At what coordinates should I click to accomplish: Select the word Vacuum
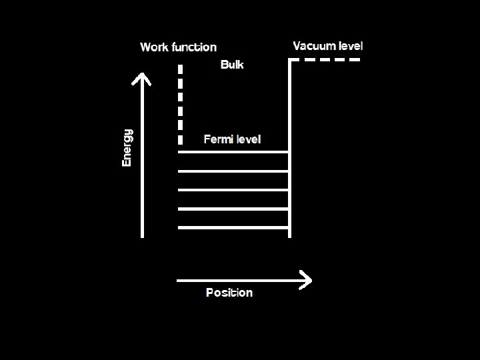pos(315,46)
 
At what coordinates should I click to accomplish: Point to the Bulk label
pos(232,65)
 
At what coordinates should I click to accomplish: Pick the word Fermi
pos(218,139)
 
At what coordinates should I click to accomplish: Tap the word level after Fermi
pos(248,139)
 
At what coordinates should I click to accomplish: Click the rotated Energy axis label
pos(127,147)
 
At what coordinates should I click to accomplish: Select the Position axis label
pos(229,293)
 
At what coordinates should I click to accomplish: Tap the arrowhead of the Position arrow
pos(306,281)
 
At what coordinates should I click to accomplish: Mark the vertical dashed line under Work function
pos(180,103)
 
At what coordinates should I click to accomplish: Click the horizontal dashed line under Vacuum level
pos(327,60)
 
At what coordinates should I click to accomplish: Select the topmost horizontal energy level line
pos(233,152)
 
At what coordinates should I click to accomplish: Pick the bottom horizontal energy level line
pos(233,228)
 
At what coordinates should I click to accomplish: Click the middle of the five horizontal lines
pos(233,190)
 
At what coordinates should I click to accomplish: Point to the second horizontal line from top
pos(233,171)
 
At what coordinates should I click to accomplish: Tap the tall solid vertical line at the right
pos(289,147)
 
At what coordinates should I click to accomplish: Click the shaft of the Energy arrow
pos(141,160)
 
